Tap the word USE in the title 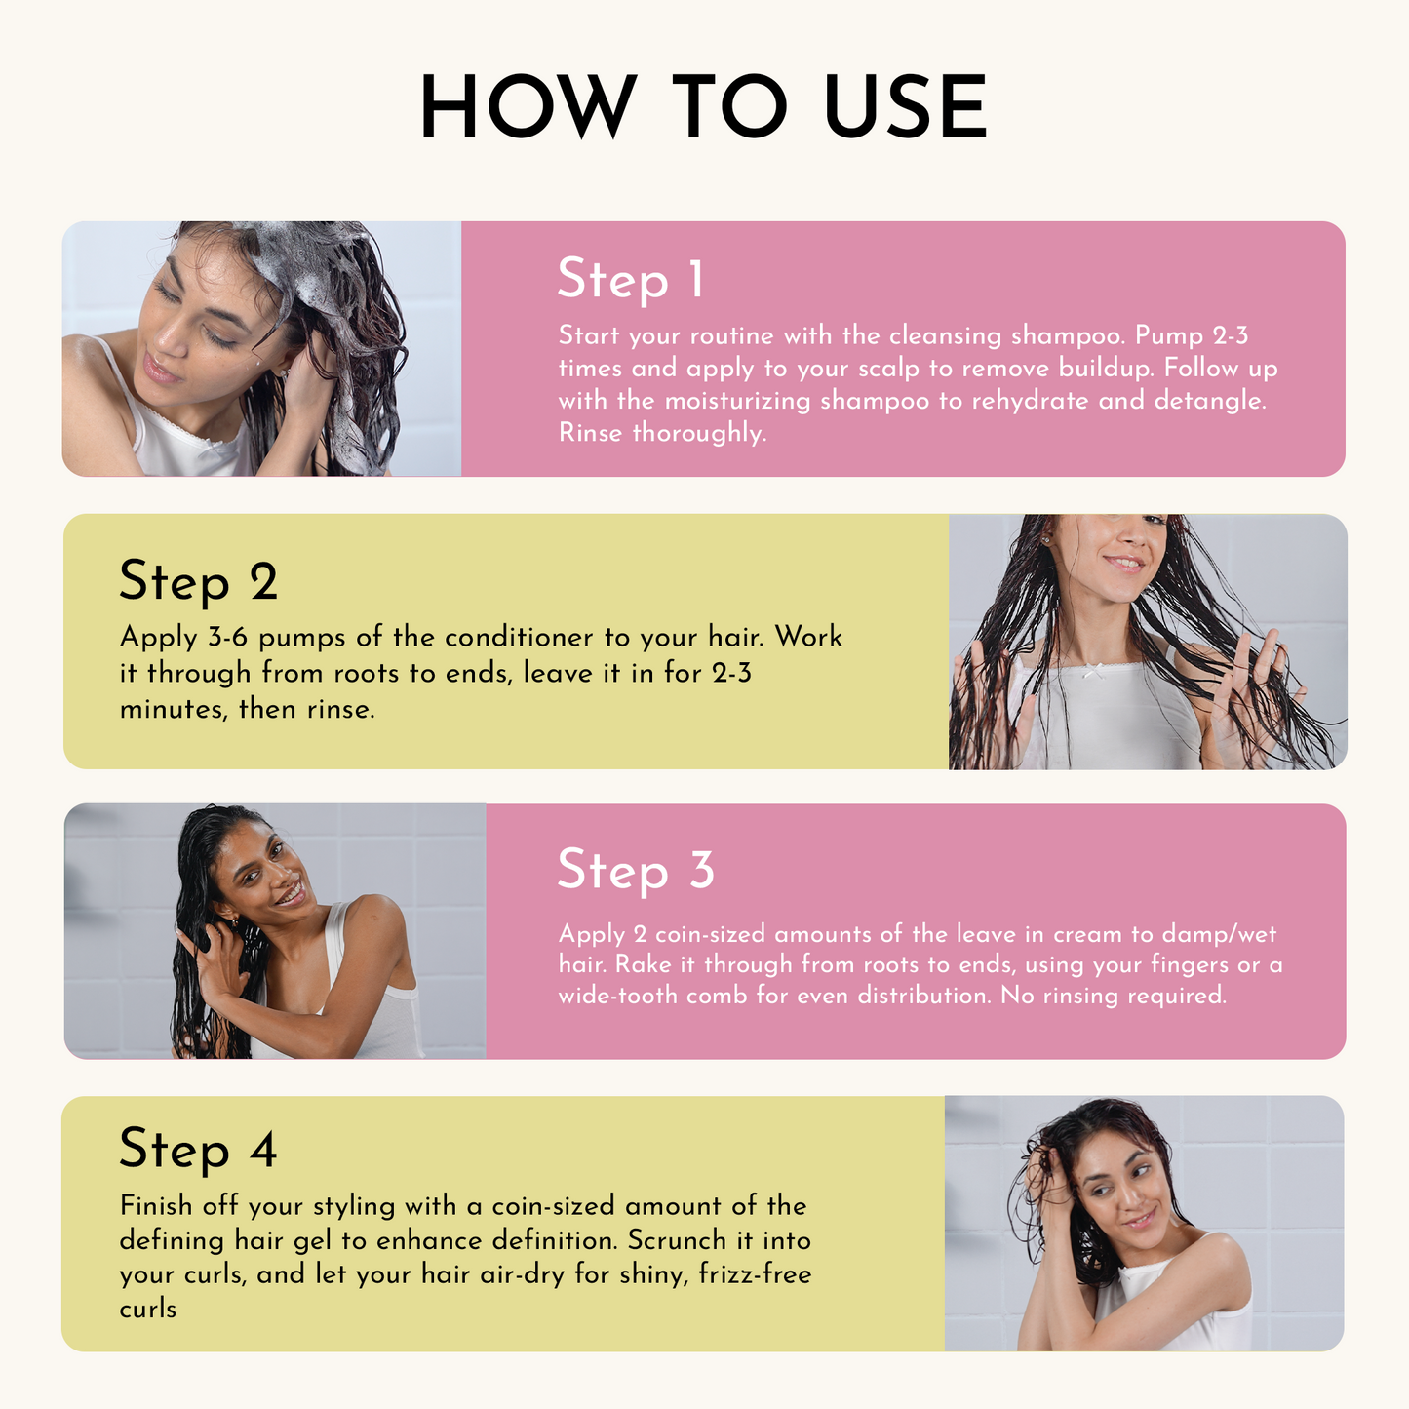point(906,107)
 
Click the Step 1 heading point(630,280)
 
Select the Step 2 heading point(198,582)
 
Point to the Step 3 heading point(636,870)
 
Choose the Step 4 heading point(198,1150)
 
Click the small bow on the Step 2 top point(1097,671)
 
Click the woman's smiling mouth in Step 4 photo point(1136,1219)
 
